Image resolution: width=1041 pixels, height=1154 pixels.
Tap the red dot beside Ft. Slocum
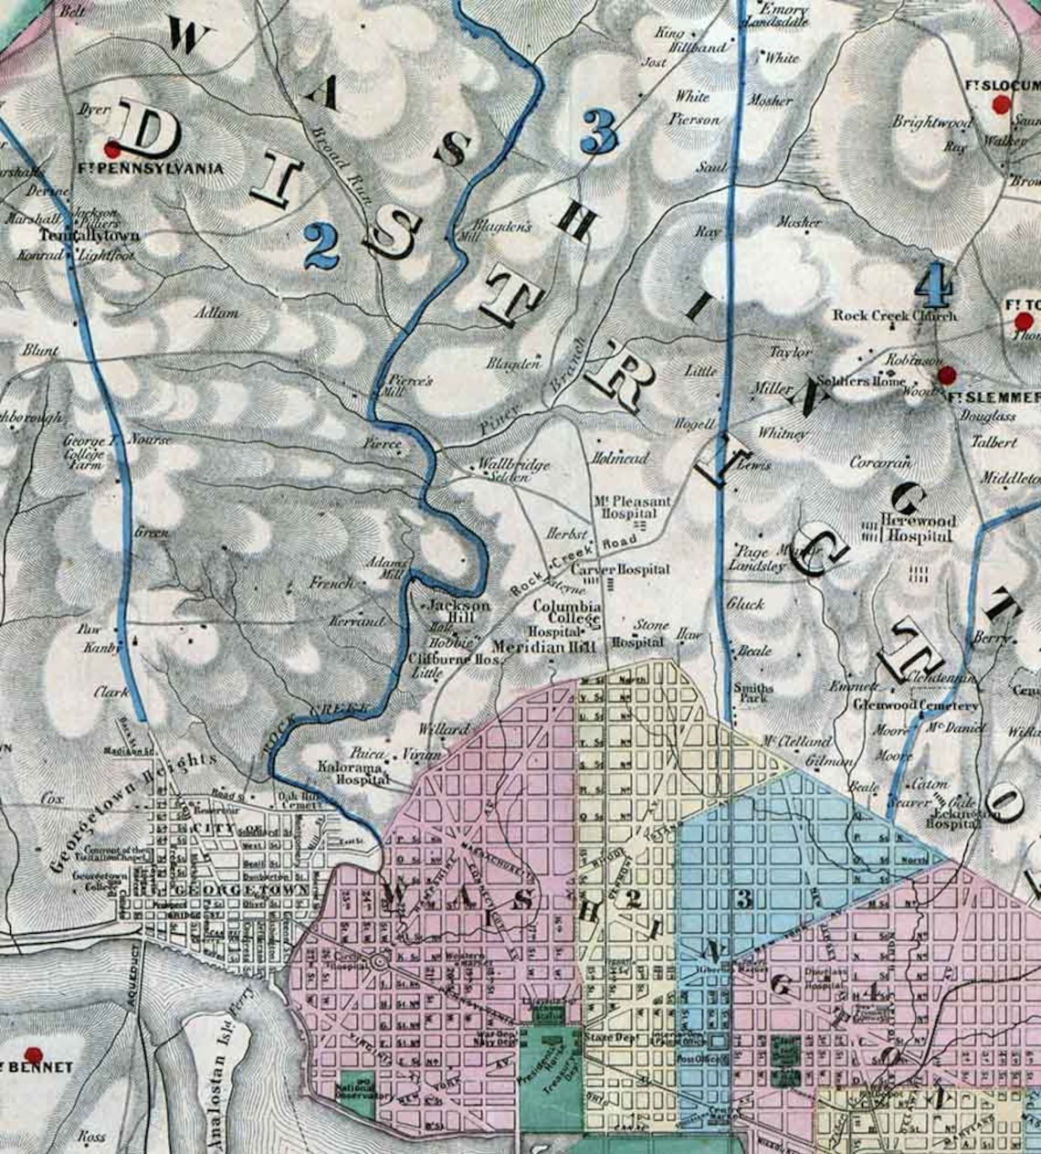[x=1000, y=105]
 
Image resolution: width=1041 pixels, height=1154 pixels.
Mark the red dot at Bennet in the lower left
[x=34, y=1053]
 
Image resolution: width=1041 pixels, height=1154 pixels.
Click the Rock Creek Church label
[x=894, y=315]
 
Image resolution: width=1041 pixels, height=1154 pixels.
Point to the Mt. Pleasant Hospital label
[x=632, y=507]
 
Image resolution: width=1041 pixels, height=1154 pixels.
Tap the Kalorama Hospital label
[x=354, y=774]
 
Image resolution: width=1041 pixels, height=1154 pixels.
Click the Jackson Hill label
[x=459, y=611]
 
